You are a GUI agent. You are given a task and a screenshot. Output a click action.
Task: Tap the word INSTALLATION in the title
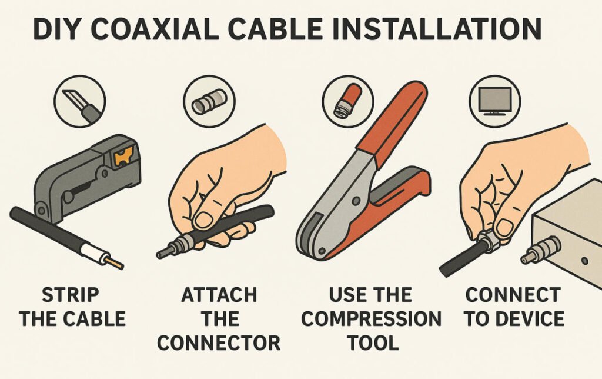(433, 28)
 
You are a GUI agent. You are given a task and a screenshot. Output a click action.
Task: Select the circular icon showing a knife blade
(80, 101)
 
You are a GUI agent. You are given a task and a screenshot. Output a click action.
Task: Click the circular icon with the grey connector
(209, 101)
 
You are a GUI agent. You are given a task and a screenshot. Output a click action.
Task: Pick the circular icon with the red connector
(348, 101)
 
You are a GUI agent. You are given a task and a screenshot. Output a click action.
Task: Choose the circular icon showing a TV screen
(495, 101)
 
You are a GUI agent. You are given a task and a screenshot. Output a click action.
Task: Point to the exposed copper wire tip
(115, 263)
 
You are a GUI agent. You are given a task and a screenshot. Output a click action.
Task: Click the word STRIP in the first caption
(71, 295)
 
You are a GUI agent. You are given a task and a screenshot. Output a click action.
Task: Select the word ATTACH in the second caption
(219, 295)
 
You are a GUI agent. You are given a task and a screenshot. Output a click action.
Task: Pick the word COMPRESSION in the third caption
(372, 319)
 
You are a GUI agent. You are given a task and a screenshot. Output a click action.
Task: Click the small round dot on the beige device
(585, 261)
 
